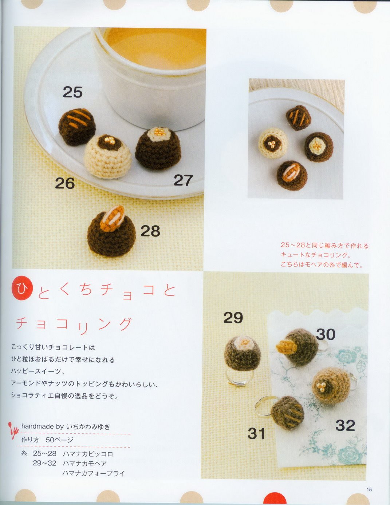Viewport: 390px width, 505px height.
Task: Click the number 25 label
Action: tap(72, 92)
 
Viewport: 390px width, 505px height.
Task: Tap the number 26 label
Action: tap(65, 183)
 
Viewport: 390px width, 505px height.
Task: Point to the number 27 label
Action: tap(183, 180)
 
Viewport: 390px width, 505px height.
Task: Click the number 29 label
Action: tap(233, 318)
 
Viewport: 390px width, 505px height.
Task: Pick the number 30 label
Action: tap(326, 334)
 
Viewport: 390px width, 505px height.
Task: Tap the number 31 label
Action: tap(256, 433)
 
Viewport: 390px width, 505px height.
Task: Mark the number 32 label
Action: tap(345, 426)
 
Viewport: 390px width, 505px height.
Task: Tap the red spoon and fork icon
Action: tap(13, 430)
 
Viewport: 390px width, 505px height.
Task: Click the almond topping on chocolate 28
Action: tap(113, 218)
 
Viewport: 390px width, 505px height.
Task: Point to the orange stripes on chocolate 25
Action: tap(78, 118)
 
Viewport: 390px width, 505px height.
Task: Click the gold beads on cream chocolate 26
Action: tap(109, 140)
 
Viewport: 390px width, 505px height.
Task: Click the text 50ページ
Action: tap(59, 440)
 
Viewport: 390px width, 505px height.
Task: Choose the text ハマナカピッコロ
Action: tap(88, 454)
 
